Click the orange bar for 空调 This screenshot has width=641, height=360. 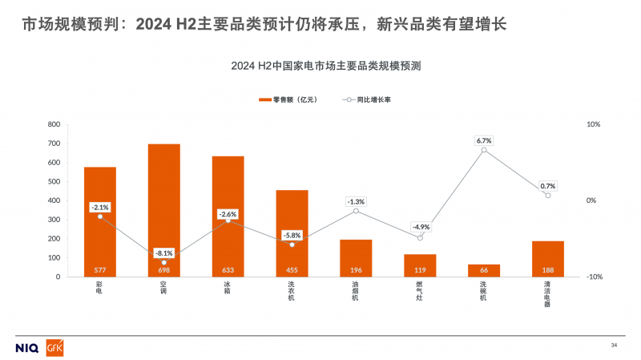(x=163, y=200)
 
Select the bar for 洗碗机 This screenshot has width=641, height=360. (x=484, y=270)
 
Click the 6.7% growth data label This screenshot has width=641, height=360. (x=484, y=140)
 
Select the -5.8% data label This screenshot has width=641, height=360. (x=292, y=235)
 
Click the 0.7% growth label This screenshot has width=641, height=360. (x=548, y=186)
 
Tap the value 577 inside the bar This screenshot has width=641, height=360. (x=99, y=270)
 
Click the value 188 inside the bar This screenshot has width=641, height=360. (x=548, y=270)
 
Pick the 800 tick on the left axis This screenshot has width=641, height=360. (x=54, y=125)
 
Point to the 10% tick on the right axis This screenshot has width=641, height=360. (x=593, y=125)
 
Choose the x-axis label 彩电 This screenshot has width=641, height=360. (x=99, y=288)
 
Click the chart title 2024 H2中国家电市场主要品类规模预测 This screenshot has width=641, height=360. (x=320, y=67)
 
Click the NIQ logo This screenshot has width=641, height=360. (x=28, y=347)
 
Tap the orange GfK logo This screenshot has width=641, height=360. (x=54, y=347)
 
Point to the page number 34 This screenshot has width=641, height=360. (x=614, y=346)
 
